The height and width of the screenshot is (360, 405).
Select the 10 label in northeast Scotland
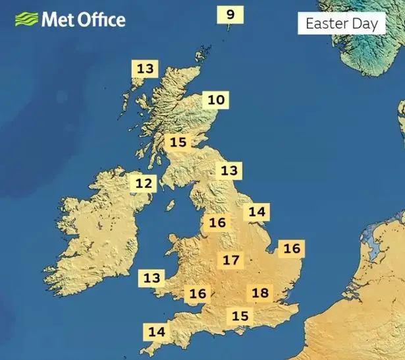pyautogui.click(x=216, y=100)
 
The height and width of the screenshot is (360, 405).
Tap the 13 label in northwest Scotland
pyautogui.click(x=146, y=68)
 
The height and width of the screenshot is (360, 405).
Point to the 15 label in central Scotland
pyautogui.click(x=178, y=142)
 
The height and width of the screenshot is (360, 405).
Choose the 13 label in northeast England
pyautogui.click(x=229, y=171)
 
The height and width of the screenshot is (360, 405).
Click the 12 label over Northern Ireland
pyautogui.click(x=144, y=183)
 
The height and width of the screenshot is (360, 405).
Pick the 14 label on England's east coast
pyautogui.click(x=257, y=212)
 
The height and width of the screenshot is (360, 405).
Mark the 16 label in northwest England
pyautogui.click(x=217, y=222)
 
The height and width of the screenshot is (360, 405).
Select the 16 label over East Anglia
pyautogui.click(x=291, y=249)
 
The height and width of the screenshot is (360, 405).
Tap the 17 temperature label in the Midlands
pyautogui.click(x=230, y=260)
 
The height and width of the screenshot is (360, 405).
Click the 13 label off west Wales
pyautogui.click(x=151, y=278)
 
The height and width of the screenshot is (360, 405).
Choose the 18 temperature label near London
pyautogui.click(x=261, y=293)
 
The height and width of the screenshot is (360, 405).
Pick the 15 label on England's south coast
pyautogui.click(x=240, y=316)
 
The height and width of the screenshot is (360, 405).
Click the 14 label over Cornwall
pyautogui.click(x=157, y=332)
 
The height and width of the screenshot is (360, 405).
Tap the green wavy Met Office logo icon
pyautogui.click(x=26, y=19)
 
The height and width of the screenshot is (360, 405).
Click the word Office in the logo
pyautogui.click(x=98, y=19)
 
